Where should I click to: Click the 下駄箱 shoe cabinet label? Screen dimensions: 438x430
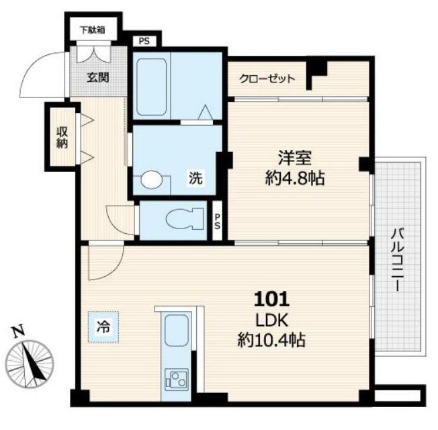[93, 30]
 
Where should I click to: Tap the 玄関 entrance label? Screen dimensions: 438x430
[98, 77]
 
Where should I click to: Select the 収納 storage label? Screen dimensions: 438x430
[62, 137]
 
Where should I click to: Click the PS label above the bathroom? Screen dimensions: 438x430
[144, 42]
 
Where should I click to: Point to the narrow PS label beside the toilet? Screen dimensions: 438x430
[218, 222]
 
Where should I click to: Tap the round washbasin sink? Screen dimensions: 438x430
[151, 179]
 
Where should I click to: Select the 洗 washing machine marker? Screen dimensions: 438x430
[195, 177]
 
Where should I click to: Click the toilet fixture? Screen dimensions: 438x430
[185, 219]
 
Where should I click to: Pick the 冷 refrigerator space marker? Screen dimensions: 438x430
[103, 327]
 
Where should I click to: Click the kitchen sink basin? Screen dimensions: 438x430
[176, 330]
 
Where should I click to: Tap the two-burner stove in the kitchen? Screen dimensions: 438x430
[177, 380]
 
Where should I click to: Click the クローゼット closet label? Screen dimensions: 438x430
[267, 79]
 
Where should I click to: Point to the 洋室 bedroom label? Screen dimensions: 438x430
[295, 158]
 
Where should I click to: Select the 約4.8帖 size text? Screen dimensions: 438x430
[295, 178]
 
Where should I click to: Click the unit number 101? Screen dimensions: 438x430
[271, 299]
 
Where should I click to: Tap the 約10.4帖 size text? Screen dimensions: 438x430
[271, 340]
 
